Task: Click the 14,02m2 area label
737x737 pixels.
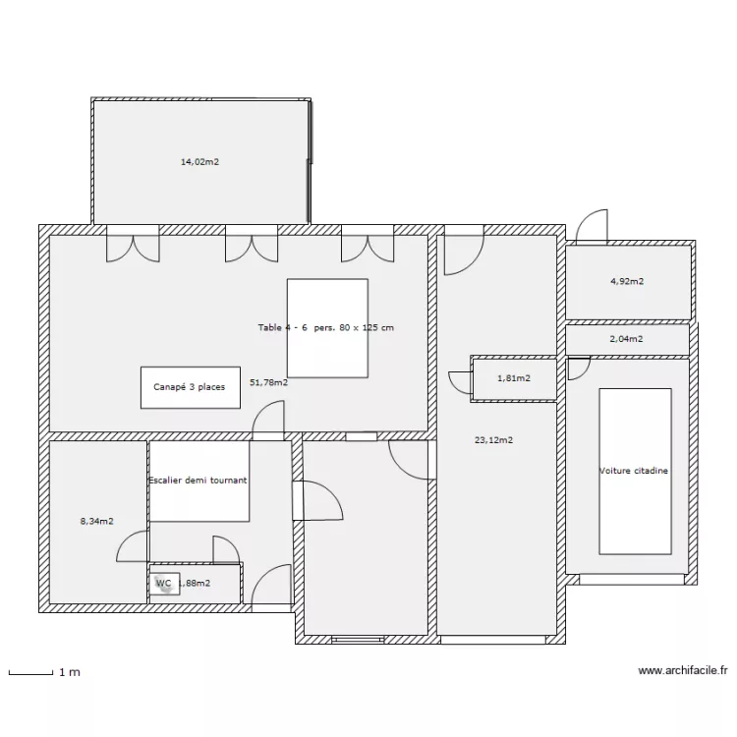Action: (x=199, y=161)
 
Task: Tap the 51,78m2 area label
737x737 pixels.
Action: (x=268, y=383)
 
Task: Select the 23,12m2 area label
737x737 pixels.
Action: (x=493, y=440)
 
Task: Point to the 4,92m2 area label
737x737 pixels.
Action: (x=627, y=281)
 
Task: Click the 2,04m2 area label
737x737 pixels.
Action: (x=627, y=339)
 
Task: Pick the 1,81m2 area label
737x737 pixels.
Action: (x=513, y=378)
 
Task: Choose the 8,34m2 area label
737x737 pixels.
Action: (x=96, y=521)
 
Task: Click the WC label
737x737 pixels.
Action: (x=163, y=583)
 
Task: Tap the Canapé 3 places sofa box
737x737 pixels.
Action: (x=190, y=387)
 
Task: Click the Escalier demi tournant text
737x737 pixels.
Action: (x=198, y=481)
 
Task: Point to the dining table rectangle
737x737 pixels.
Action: (x=327, y=328)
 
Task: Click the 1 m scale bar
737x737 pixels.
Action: (x=29, y=673)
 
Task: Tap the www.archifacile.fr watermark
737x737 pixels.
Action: (x=683, y=672)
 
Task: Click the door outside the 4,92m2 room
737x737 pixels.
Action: (x=592, y=227)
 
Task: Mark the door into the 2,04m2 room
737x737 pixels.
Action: (x=579, y=368)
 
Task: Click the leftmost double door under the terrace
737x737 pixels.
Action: (x=133, y=246)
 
